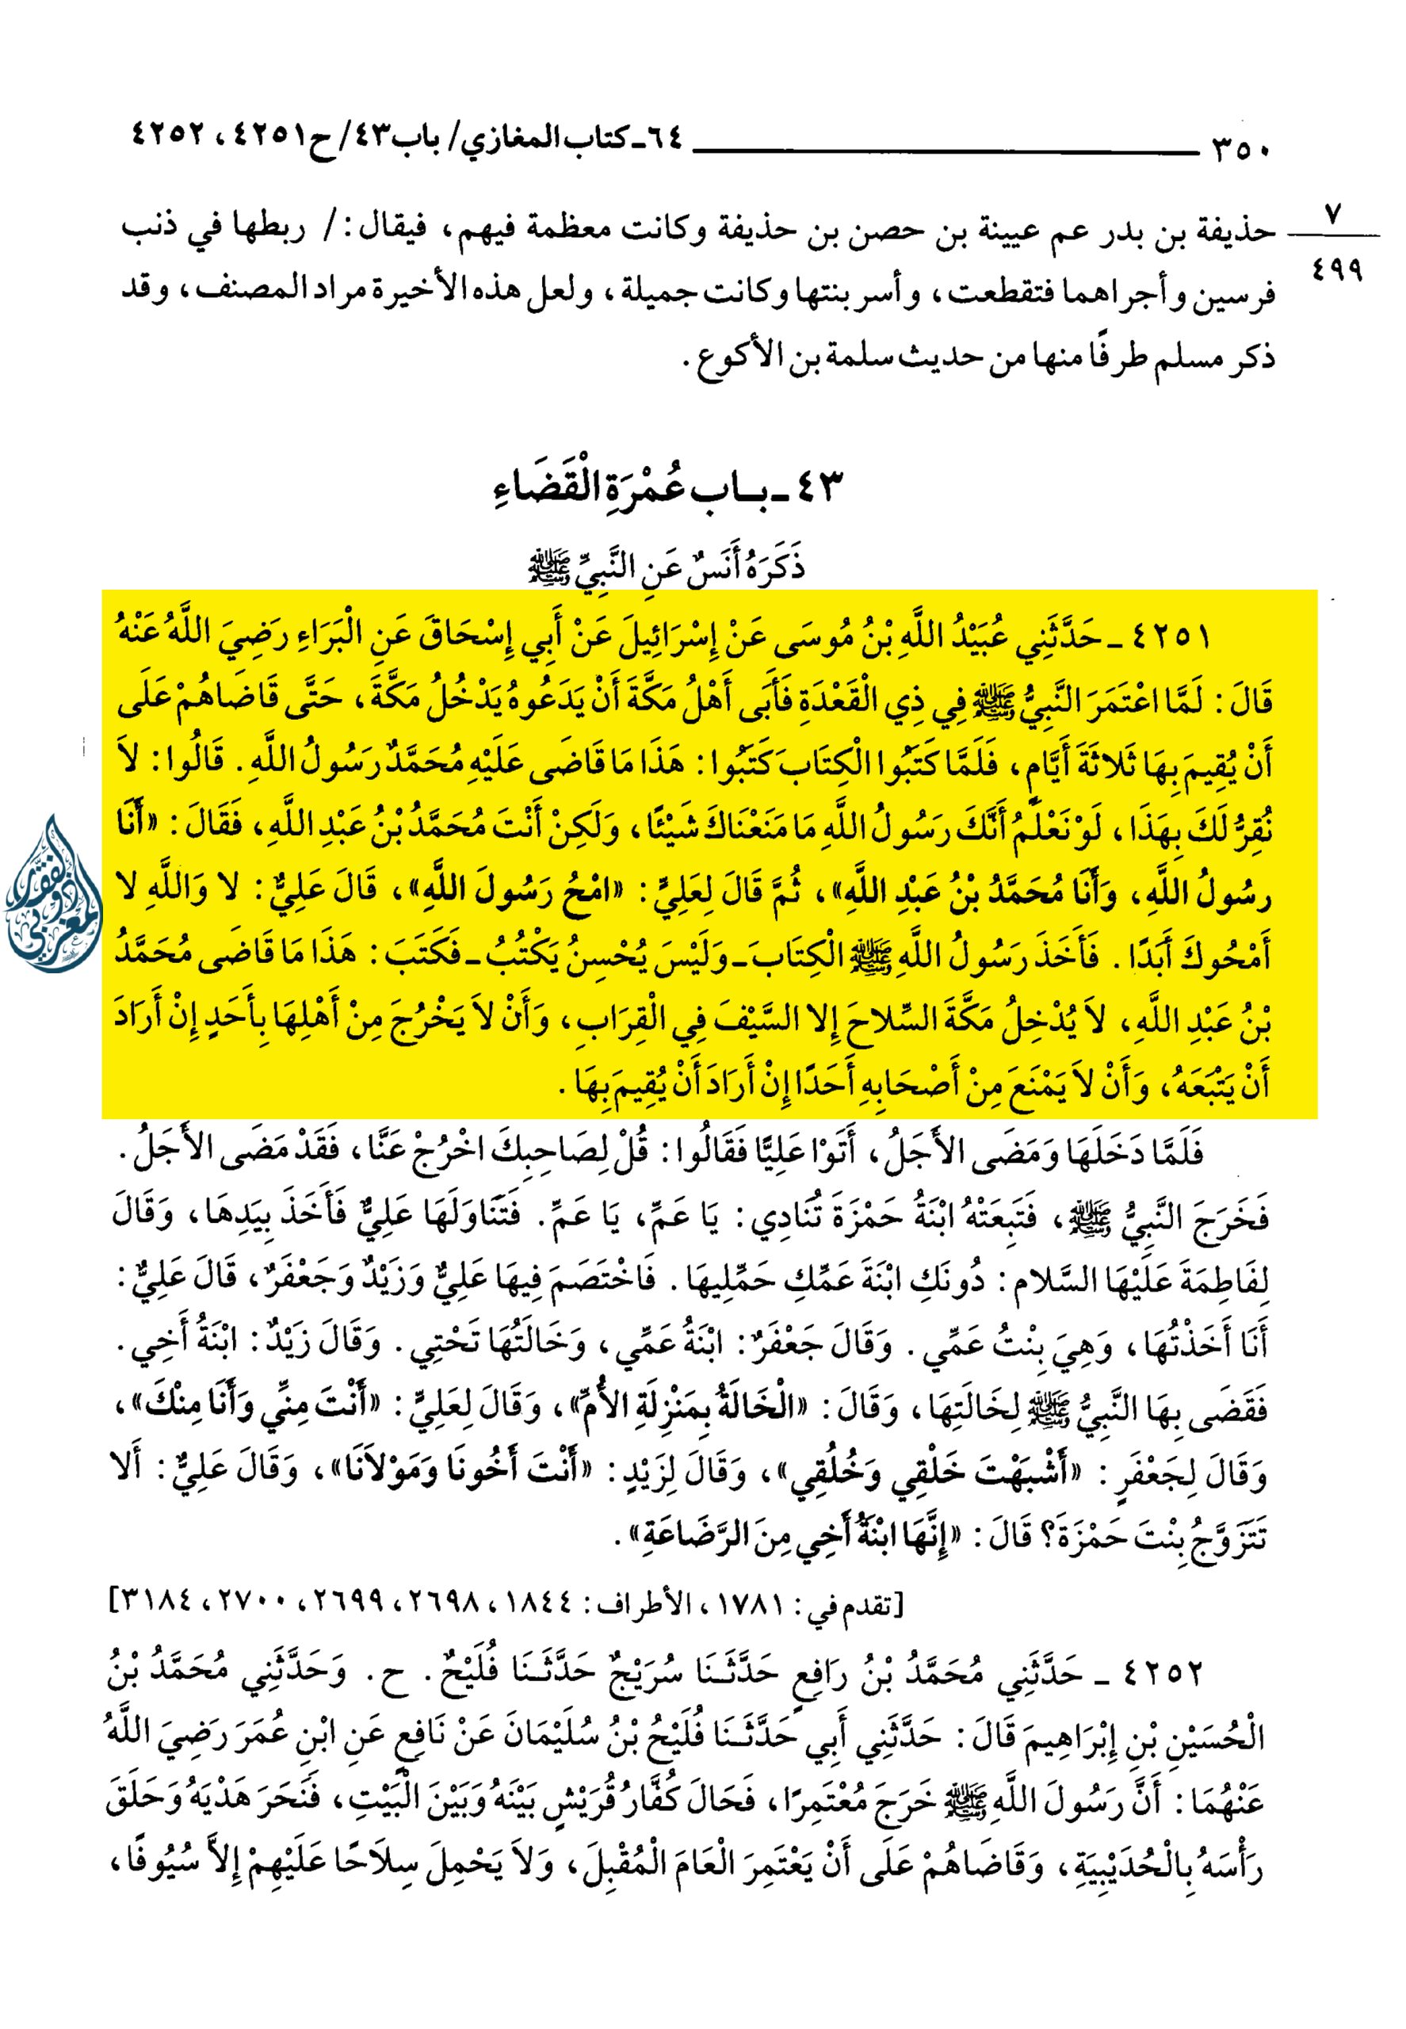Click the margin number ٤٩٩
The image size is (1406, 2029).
tap(1336, 269)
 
